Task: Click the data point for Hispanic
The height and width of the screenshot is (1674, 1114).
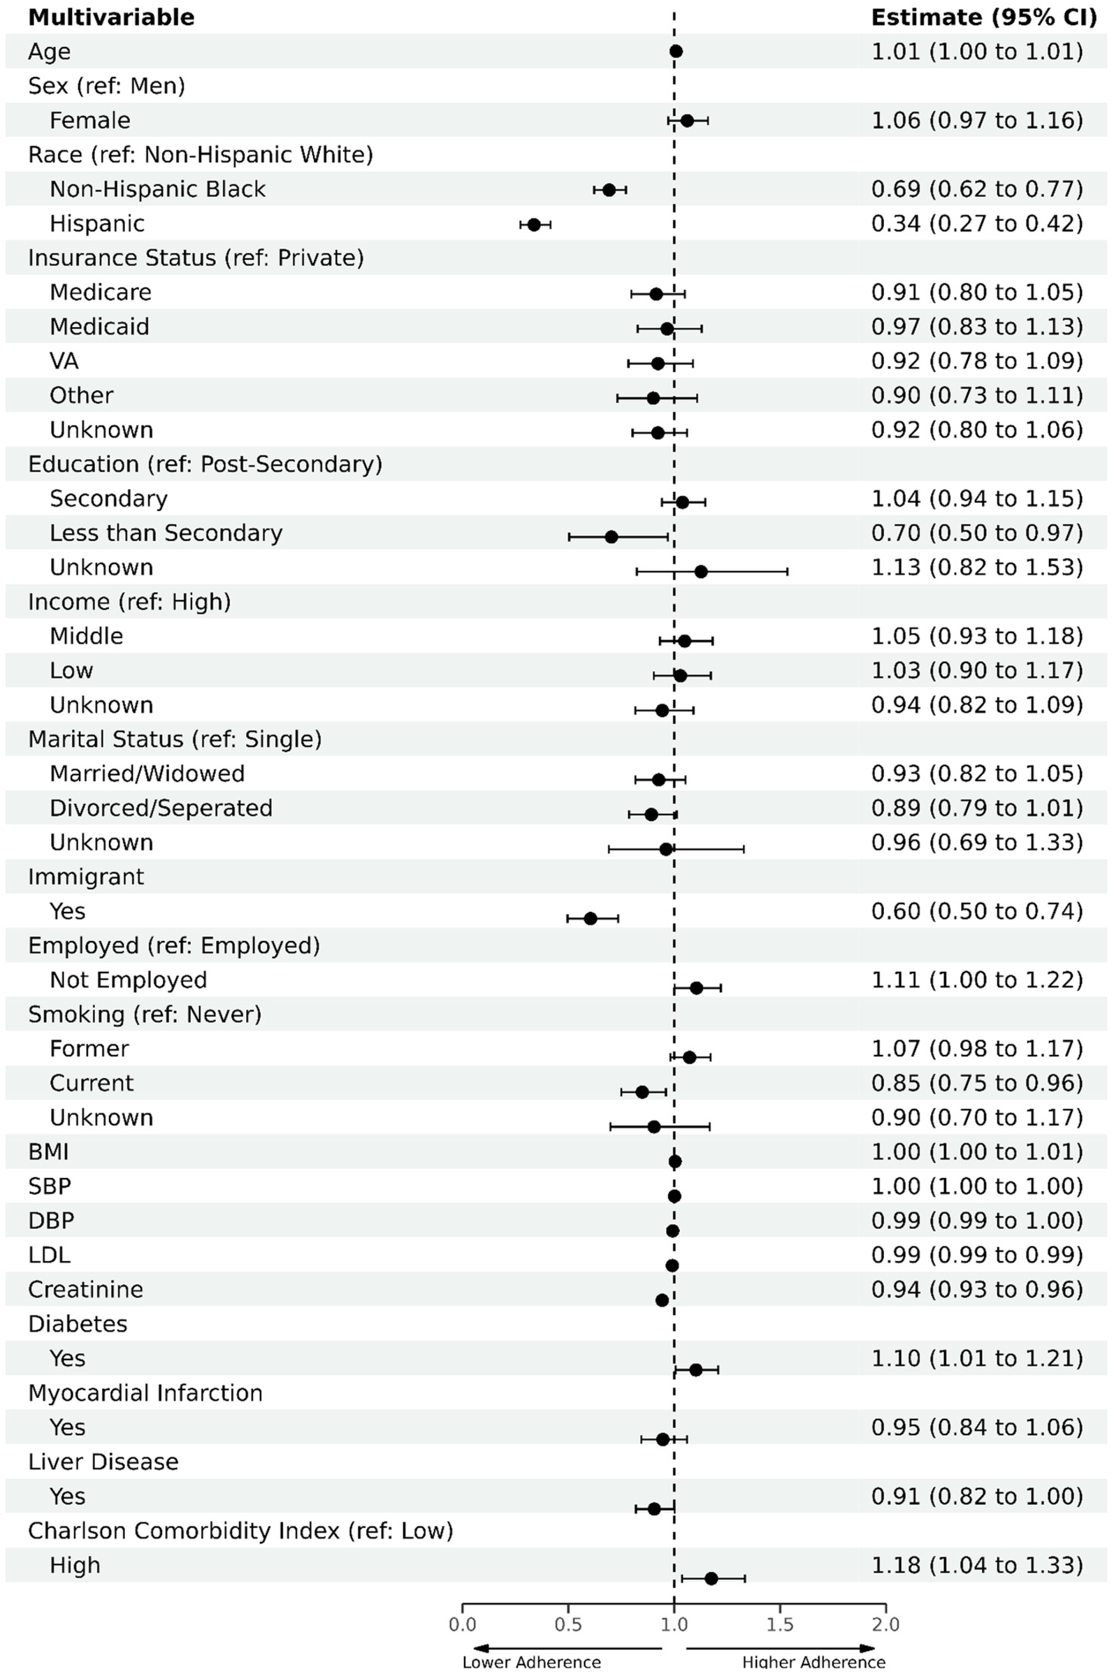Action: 533,224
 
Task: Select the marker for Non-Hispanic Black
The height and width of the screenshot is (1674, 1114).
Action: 609,189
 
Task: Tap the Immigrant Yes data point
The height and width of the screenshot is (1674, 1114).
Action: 591,918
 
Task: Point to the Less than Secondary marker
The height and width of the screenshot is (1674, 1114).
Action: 611,536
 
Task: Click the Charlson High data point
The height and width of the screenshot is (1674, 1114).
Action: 711,1578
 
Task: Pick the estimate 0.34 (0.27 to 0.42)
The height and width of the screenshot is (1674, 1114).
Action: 977,224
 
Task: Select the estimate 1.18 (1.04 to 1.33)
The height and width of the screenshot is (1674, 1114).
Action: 977,1564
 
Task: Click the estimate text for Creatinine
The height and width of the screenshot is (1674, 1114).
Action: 977,1289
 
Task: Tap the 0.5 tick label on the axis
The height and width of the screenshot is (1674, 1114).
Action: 567,1624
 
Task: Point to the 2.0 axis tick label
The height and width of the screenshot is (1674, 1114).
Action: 885,1624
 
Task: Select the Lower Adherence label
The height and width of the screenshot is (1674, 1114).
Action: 531,1663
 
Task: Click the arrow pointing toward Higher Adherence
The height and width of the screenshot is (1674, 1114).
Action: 780,1647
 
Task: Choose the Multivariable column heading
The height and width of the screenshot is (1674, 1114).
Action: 111,17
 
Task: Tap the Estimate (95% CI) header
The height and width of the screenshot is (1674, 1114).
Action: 984,17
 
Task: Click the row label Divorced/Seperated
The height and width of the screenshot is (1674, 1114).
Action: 161,808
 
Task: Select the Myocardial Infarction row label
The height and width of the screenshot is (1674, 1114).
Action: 145,1392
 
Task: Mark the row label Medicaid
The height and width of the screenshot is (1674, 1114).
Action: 99,327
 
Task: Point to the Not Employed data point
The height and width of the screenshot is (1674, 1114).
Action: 696,988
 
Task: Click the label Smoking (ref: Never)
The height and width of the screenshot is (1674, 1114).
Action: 145,1014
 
